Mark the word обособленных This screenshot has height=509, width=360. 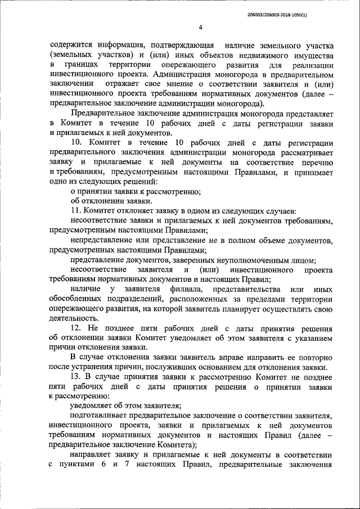pos(78,299)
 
